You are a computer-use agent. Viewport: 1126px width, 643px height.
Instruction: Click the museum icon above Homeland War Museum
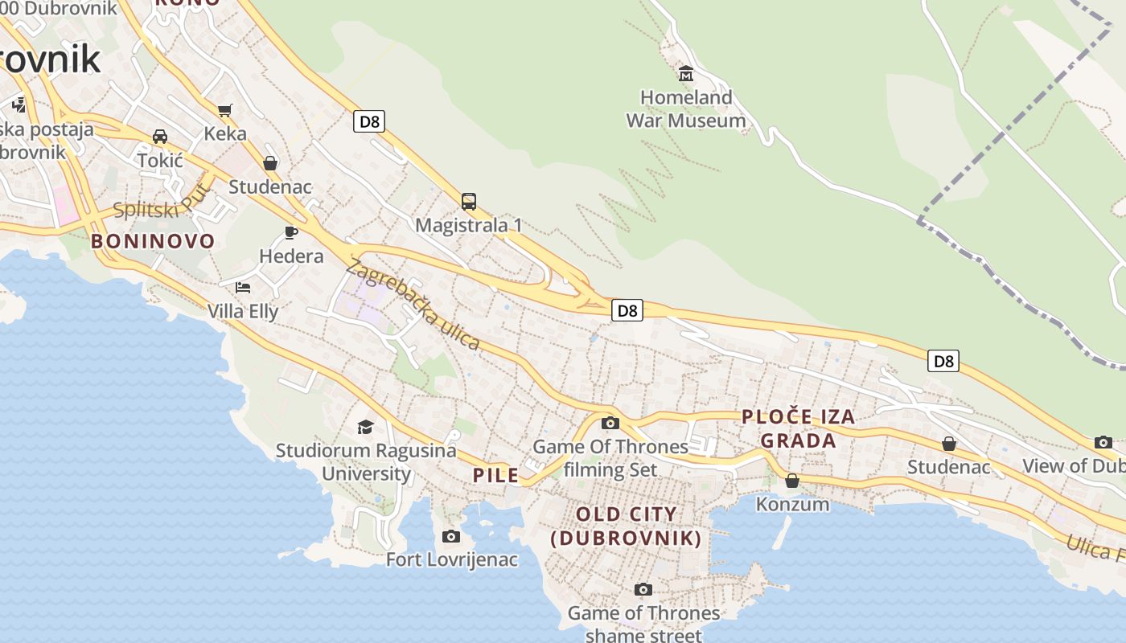point(686,74)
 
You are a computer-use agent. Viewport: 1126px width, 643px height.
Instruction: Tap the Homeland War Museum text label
point(686,109)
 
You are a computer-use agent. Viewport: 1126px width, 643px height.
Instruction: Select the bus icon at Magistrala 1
point(469,202)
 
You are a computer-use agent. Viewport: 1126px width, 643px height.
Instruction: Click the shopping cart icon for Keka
point(224,110)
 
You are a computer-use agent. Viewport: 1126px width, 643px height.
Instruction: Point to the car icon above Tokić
point(160,137)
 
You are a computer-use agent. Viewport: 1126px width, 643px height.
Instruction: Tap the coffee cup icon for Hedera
point(291,233)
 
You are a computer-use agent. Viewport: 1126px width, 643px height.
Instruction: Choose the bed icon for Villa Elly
point(243,288)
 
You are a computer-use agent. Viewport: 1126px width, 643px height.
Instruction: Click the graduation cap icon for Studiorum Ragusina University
point(366,427)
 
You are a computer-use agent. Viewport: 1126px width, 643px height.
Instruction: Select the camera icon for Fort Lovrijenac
point(451,536)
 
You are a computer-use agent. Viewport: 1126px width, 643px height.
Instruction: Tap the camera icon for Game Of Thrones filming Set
point(610,423)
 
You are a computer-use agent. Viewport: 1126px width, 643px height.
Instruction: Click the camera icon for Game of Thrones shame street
point(643,590)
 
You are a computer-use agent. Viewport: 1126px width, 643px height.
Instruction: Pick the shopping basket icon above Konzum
point(792,481)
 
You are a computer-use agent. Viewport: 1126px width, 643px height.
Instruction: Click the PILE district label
point(495,475)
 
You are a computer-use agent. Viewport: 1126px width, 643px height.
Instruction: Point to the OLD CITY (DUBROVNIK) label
point(626,526)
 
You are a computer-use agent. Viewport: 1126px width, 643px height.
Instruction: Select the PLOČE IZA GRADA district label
point(798,428)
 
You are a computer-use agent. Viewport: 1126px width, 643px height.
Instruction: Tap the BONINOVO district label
point(153,241)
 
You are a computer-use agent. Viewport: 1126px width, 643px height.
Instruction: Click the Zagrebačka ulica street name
point(413,305)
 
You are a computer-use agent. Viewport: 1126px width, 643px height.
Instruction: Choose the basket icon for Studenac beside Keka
point(270,163)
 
